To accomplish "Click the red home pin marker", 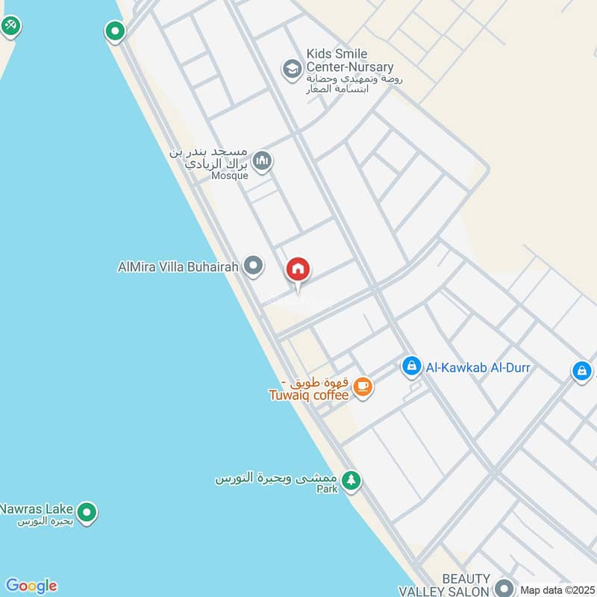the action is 298,270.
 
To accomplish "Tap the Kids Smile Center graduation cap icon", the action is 292,70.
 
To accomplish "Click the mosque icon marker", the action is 262,160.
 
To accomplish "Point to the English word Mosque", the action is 229,175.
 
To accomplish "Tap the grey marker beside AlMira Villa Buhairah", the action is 254,266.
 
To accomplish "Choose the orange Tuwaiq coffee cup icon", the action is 363,387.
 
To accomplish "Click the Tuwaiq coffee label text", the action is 309,396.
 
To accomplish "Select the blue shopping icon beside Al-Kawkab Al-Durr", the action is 410,366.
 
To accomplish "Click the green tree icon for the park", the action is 351,481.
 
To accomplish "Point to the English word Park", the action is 327,490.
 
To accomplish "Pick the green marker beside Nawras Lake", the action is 88,513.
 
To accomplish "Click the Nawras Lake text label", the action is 36,508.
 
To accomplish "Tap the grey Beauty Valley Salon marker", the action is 505,587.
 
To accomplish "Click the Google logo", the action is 31,586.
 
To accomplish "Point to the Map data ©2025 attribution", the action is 557,590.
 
